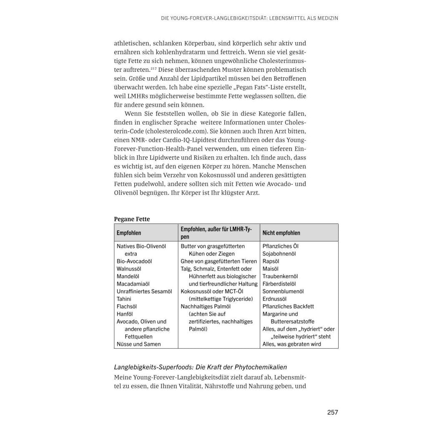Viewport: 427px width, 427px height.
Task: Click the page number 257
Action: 332,412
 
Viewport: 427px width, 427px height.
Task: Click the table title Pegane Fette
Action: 132,219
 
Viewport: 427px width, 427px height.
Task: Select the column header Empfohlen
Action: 129,233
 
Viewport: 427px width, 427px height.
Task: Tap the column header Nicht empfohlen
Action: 281,233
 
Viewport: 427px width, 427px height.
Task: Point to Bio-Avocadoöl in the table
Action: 134,261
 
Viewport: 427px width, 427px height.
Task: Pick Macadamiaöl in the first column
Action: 133,284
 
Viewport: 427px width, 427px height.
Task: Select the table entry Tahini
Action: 124,299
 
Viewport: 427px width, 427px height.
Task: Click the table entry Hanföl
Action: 125,314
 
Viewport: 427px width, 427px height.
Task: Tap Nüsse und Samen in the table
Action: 138,344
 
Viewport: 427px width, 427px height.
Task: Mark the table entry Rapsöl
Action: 271,261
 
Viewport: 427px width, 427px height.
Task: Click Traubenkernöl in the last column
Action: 280,276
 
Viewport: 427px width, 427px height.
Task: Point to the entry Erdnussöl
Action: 274,299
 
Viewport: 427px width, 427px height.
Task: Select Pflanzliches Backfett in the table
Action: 288,306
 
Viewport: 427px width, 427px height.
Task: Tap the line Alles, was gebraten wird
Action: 291,344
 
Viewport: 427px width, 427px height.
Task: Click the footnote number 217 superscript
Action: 154,68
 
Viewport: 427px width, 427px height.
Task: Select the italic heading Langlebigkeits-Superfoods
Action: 201,367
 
